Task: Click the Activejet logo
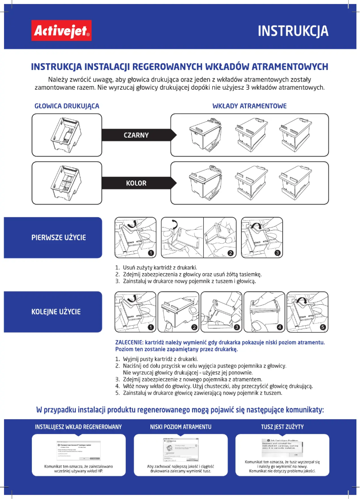click(x=61, y=31)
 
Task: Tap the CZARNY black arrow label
click(x=136, y=135)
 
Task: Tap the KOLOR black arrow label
click(x=136, y=183)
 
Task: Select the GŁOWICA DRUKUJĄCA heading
click(x=67, y=106)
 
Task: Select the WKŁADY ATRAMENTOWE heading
click(x=249, y=106)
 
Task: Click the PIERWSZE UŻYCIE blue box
click(x=53, y=237)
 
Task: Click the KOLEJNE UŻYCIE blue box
click(x=53, y=311)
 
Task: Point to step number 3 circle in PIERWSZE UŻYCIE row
click(x=278, y=253)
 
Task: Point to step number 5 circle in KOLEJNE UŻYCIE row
click(x=323, y=327)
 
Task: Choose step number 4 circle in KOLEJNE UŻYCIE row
click(x=279, y=327)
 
